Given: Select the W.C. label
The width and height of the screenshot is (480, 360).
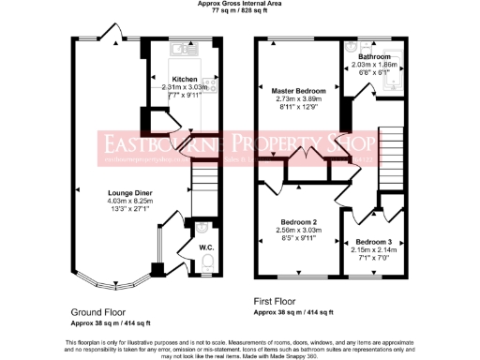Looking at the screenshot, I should [x=205, y=247].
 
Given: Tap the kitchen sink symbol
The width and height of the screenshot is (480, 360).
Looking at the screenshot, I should [x=180, y=48].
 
